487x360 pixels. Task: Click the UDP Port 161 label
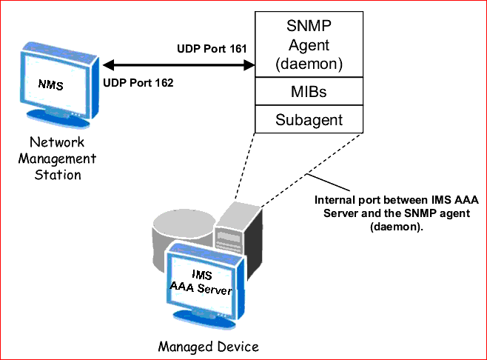click(212, 50)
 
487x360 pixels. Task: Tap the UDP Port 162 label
click(138, 83)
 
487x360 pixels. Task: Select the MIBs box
click(309, 93)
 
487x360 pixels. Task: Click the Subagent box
click(309, 119)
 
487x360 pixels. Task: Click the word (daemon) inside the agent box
click(309, 64)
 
